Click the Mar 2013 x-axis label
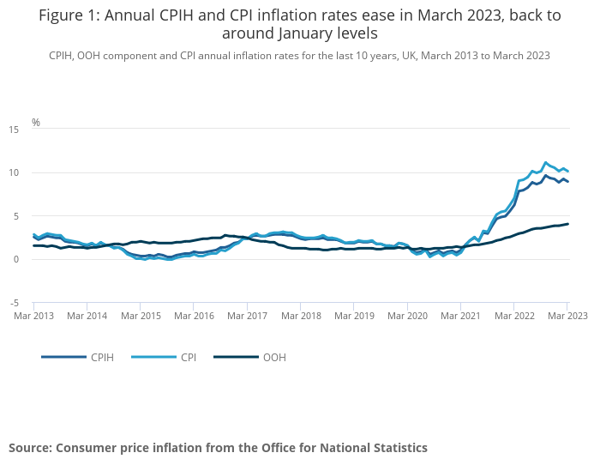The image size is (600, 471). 33,316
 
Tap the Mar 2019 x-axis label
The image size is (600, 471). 354,316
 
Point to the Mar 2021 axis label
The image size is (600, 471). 460,316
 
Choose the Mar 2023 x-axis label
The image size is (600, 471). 566,316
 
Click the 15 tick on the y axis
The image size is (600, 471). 14,130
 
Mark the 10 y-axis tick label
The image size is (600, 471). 14,172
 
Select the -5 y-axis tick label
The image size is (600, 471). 14,303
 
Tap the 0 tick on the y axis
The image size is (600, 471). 16,259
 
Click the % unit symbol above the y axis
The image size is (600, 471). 36,123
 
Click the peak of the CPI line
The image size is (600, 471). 545,162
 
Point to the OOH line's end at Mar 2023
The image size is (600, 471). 567,224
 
